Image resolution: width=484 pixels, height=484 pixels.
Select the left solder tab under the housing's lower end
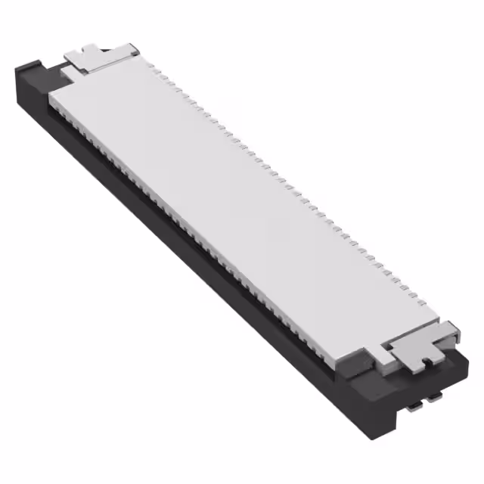pyautogui.click(x=414, y=405)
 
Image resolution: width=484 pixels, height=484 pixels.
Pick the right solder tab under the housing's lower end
pyautogui.click(x=435, y=395)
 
